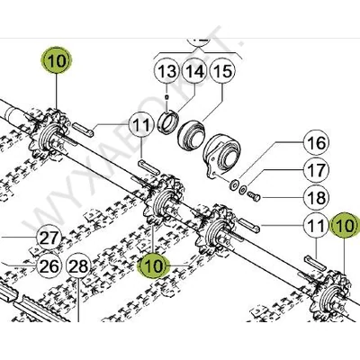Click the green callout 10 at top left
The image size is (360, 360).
pyautogui.click(x=57, y=63)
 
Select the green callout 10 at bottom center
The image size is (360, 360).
pyautogui.click(x=153, y=264)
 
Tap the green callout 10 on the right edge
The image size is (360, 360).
pyautogui.click(x=342, y=225)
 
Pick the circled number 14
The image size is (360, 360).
pyautogui.click(x=193, y=70)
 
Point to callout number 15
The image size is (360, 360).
pyautogui.click(x=222, y=70)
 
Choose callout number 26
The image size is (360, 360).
pyautogui.click(x=49, y=265)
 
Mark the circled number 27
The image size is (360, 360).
pyautogui.click(x=49, y=238)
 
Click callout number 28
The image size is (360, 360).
pyautogui.click(x=78, y=265)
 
